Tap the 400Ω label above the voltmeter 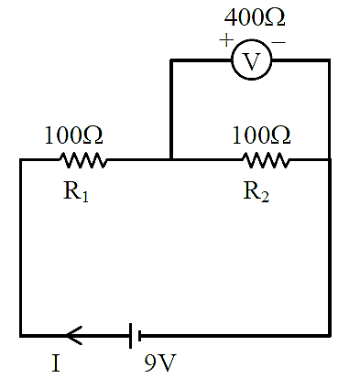255,17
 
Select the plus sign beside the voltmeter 226,40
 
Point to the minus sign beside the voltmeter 278,42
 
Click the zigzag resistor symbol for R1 83,160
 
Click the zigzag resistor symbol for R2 266,160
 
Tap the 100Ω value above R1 73,135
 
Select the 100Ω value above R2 261,135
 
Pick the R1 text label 76,191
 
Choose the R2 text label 256,191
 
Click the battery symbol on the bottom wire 135,336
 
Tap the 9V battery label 160,362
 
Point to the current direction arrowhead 74,335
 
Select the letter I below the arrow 56,363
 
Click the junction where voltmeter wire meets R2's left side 171,159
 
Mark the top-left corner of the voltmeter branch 171,60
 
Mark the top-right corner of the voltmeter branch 329,60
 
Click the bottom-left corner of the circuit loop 21,336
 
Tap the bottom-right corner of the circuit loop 330,336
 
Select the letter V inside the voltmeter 252,61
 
